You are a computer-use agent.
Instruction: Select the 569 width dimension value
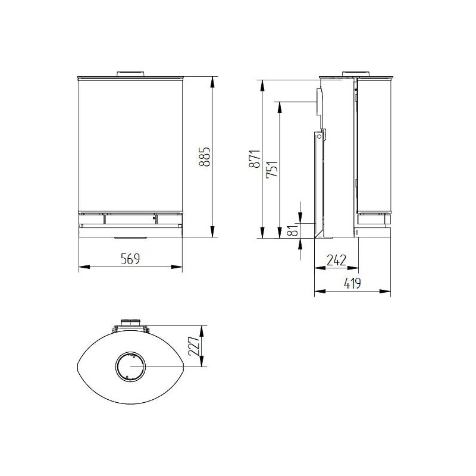(x=130, y=258)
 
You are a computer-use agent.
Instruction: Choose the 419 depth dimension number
(x=352, y=283)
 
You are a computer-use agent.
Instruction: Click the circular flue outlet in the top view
(x=130, y=366)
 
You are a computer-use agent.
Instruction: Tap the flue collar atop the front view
(x=130, y=74)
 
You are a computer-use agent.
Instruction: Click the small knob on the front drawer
(x=154, y=220)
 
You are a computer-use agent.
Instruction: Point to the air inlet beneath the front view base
(x=130, y=237)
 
